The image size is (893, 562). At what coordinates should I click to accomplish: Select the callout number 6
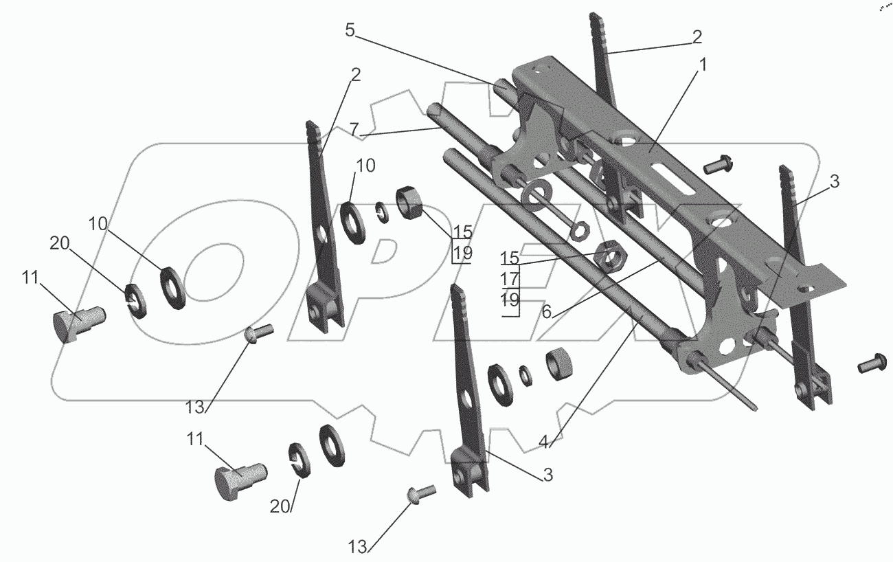pyautogui.click(x=547, y=311)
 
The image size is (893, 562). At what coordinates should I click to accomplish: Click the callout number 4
pyautogui.click(x=543, y=442)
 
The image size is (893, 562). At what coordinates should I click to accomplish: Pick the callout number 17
pyautogui.click(x=510, y=280)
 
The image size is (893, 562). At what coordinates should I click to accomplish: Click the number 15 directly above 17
pyautogui.click(x=510, y=259)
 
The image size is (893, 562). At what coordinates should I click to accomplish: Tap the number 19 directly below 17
pyautogui.click(x=510, y=300)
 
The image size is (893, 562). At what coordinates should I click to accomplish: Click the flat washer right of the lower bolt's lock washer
pyautogui.click(x=332, y=445)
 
